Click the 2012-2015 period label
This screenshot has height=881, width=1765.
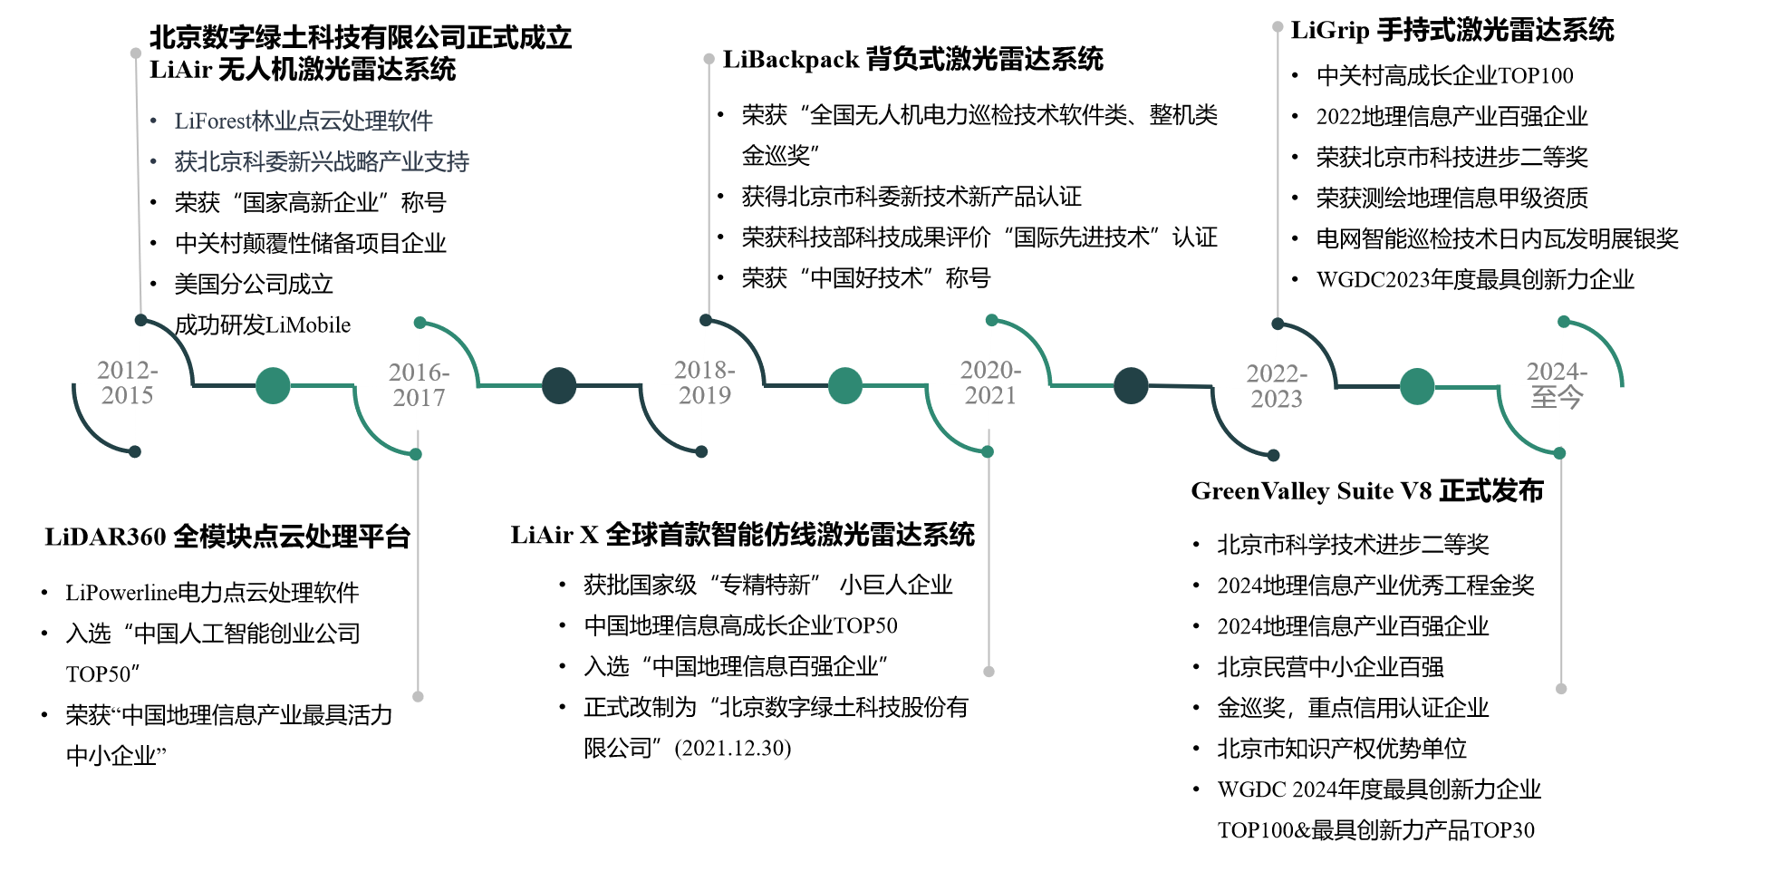[x=128, y=382]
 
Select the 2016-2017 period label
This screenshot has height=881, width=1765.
[x=419, y=385]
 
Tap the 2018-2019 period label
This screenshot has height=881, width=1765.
[x=705, y=382]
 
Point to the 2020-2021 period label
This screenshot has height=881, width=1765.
[x=991, y=382]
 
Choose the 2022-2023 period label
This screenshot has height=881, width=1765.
[x=1277, y=386]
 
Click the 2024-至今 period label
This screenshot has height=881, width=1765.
[x=1557, y=385]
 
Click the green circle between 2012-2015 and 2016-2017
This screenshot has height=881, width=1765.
[x=273, y=385]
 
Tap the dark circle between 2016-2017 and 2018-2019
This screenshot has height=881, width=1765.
[x=559, y=385]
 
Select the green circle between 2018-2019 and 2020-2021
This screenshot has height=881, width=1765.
[x=845, y=385]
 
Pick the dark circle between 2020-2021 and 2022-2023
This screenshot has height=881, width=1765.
[x=1131, y=385]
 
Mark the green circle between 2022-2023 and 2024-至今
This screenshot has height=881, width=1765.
[x=1417, y=386]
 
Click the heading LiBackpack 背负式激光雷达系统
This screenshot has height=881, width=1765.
[x=913, y=60]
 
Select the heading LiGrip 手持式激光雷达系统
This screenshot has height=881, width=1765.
[x=1452, y=30]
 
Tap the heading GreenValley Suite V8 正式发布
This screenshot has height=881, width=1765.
[x=1367, y=491]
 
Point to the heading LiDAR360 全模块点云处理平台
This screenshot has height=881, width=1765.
[x=227, y=537]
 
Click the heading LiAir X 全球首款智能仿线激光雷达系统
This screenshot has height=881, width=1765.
[x=743, y=535]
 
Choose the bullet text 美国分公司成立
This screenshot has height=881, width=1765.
[x=254, y=285]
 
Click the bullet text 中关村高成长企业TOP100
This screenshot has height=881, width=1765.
[x=1445, y=75]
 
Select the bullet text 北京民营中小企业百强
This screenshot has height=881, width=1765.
[x=1331, y=667]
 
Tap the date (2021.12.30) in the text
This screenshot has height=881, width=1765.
[x=733, y=748]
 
